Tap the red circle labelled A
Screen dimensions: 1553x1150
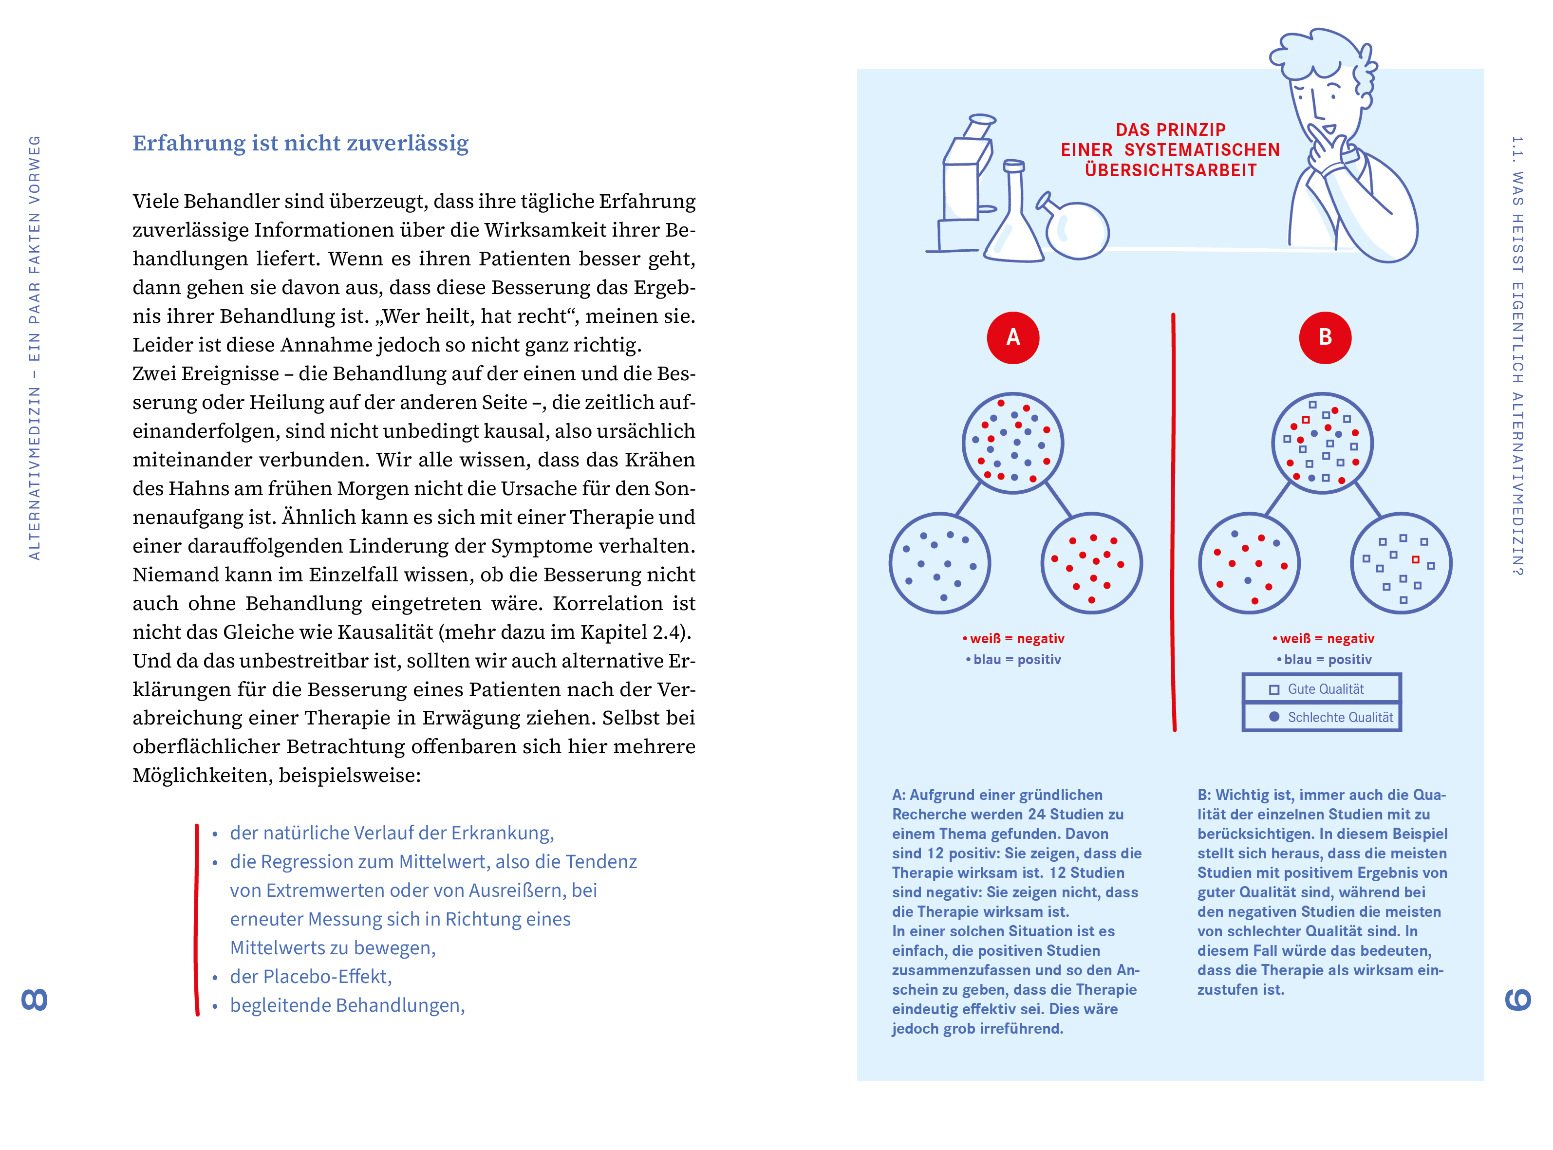1013,337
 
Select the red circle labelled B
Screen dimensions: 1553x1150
1325,337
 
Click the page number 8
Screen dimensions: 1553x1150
34,1000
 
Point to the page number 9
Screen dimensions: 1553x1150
1518,1000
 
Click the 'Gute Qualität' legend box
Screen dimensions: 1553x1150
1321,688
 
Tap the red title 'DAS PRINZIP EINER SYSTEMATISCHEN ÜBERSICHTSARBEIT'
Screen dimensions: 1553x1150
1170,149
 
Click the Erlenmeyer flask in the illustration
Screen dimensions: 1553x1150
1013,212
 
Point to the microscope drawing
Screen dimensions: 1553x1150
964,185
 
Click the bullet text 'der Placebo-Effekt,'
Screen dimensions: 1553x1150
311,977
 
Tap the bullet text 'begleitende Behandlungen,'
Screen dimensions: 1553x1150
347,1005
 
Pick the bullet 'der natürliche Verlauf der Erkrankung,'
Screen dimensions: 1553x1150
392,833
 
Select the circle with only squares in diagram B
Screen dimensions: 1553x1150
1401,563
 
